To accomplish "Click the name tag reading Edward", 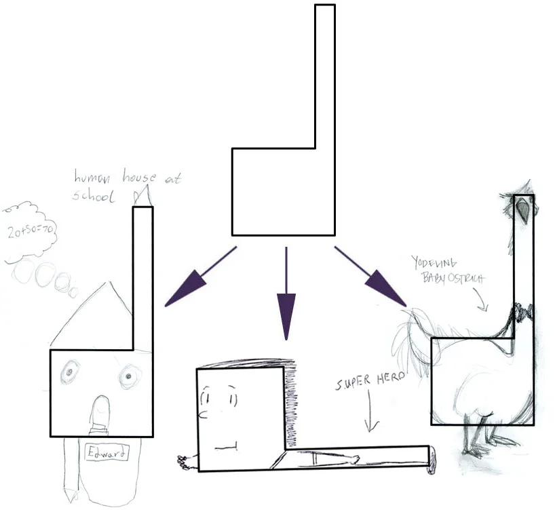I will click(107, 453).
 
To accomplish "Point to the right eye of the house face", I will click(127, 376).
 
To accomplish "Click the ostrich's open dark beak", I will click(523, 210).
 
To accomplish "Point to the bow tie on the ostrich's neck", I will click(522, 312).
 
